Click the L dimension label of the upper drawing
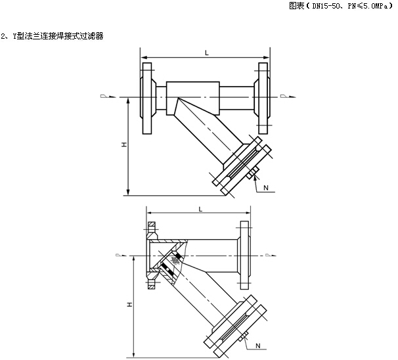207,53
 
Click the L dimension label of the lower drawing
200,209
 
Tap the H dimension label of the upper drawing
124,145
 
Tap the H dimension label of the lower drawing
129,304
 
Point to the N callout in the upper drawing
266,188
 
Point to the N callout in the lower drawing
258,346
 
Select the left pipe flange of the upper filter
147,99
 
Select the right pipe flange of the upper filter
263,99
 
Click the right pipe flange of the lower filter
244,255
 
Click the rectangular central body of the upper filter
193,99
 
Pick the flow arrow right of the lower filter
271,255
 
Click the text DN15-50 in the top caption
326,6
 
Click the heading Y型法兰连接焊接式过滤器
58,36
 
